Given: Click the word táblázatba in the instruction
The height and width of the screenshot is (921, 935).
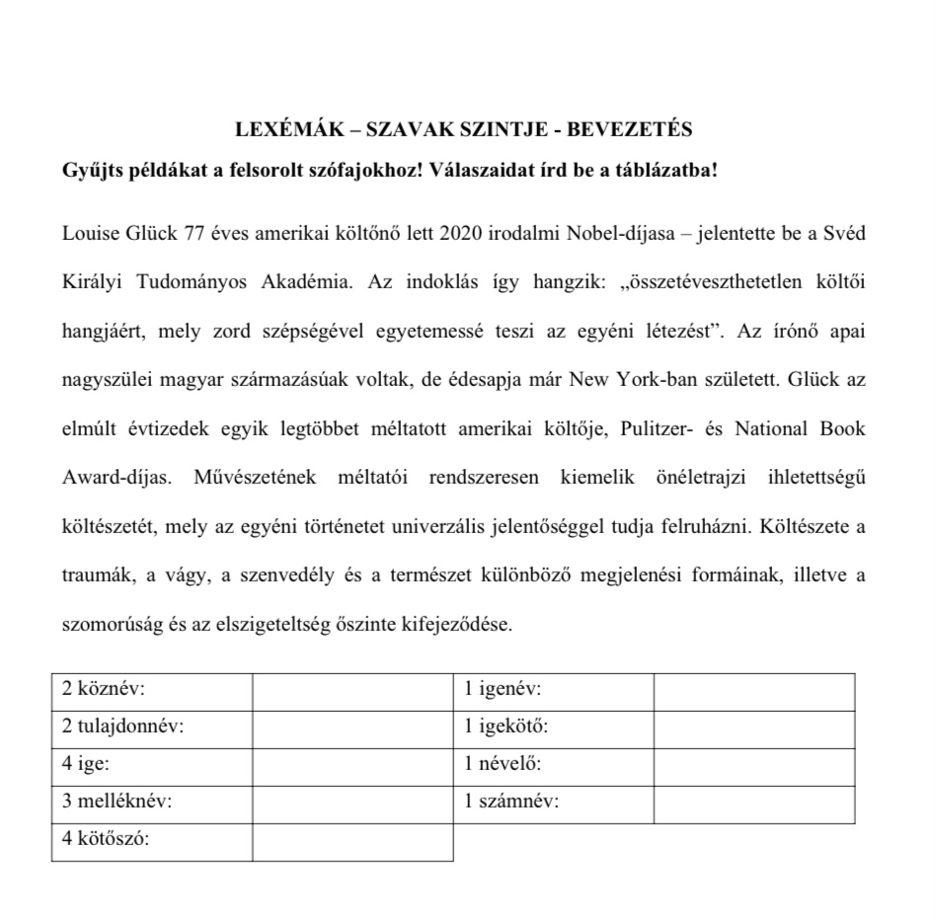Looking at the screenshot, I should (653, 169).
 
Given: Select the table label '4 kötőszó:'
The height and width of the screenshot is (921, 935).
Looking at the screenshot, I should (105, 840).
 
